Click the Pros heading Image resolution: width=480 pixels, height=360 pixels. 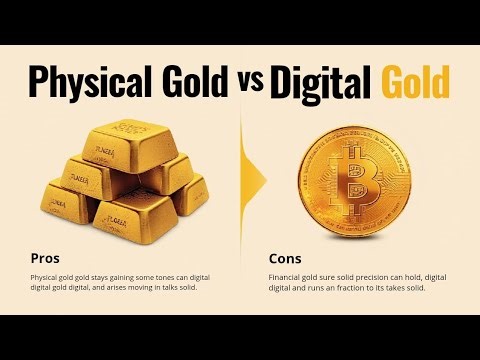pos(44,256)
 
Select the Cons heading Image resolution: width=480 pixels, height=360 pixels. pos(284,256)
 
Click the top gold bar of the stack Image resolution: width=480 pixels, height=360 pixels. pos(129,136)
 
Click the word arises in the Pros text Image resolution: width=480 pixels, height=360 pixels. pos(117,287)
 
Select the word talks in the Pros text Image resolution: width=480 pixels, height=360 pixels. pos(181,287)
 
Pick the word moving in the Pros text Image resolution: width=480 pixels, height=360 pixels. pos(146,287)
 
